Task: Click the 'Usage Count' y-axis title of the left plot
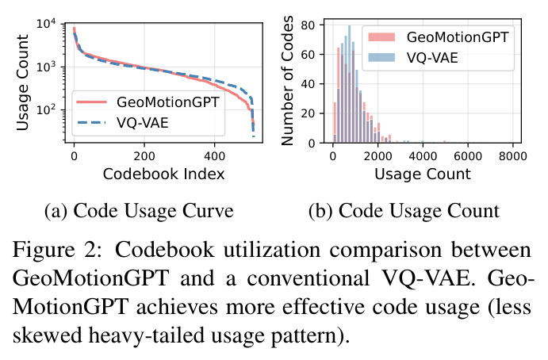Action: [22, 82]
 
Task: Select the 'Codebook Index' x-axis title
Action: [163, 174]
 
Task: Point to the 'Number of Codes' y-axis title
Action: [287, 81]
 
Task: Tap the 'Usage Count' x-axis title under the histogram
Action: [423, 174]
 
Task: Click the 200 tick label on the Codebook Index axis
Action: [144, 156]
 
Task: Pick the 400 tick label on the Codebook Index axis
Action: [215, 156]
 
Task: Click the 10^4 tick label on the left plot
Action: [46, 25]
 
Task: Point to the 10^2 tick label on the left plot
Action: [46, 110]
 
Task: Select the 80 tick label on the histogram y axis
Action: [308, 25]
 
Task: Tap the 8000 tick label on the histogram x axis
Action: [512, 156]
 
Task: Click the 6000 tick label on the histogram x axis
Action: [468, 156]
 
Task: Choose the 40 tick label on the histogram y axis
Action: [308, 84]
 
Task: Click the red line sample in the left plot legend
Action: [91, 102]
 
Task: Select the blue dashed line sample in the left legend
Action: [91, 122]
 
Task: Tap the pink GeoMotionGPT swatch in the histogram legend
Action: [381, 37]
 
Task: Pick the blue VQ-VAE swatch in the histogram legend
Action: [381, 57]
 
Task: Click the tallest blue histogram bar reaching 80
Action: [349, 84]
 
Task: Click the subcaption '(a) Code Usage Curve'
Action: [139, 211]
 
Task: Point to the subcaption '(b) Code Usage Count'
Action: [404, 211]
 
